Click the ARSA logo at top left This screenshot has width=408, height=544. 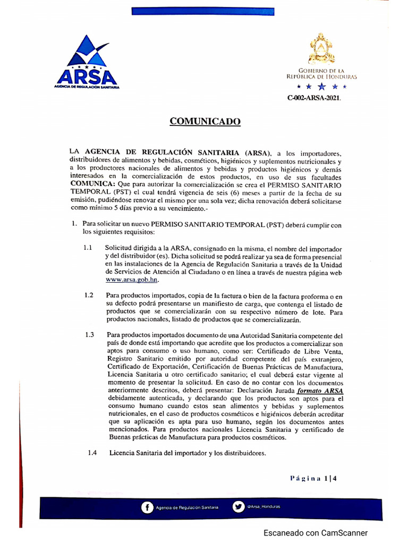87,63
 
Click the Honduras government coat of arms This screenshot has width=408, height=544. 321,49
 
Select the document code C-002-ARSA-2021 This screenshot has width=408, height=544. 314,98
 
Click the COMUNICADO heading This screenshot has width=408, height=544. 205,122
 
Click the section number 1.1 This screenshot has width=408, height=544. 88,249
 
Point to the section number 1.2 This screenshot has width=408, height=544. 89,295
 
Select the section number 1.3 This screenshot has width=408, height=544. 89,335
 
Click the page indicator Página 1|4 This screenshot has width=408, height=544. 314,478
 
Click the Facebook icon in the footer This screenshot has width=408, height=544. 146,507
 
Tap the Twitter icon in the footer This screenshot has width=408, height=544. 239,507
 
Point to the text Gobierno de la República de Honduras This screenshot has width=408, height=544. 321,73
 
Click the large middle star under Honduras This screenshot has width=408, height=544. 321,86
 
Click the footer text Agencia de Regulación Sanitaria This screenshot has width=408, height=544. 186,508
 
